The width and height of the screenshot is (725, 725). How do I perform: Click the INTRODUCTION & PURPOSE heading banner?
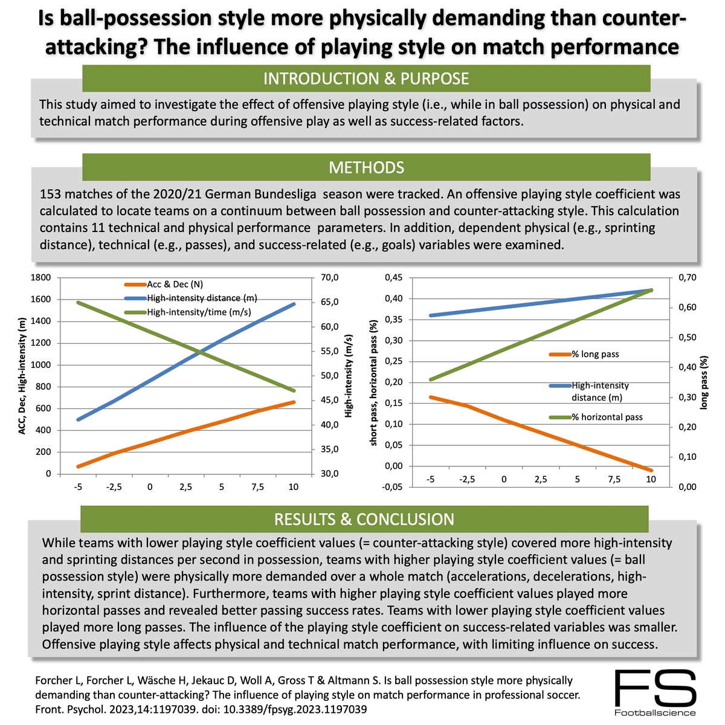(x=366, y=79)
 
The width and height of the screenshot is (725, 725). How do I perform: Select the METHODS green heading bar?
(x=366, y=167)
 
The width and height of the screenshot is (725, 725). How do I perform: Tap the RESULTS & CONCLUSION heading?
(x=364, y=520)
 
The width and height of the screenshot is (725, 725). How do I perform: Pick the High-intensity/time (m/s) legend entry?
(x=198, y=312)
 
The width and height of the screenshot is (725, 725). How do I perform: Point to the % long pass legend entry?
(x=594, y=354)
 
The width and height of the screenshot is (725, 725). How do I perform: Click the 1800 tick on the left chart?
(x=41, y=278)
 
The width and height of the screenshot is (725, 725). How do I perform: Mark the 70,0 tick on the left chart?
(x=330, y=278)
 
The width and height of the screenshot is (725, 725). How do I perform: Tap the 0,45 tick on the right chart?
(x=393, y=278)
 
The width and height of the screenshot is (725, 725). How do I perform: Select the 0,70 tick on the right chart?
(x=688, y=278)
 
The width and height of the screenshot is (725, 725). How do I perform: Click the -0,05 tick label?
(x=391, y=487)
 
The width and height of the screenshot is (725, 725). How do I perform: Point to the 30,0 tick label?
(x=330, y=474)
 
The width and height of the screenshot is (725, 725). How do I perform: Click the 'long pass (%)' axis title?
(x=704, y=383)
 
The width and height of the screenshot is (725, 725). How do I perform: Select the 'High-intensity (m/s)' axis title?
(x=349, y=376)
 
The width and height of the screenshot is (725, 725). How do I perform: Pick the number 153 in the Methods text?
(x=51, y=195)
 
